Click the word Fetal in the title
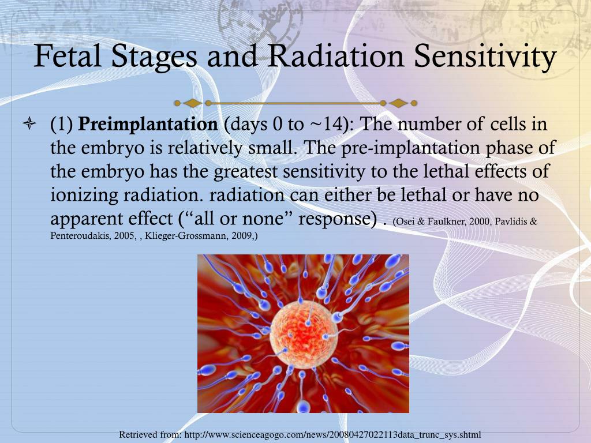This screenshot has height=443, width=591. pyautogui.click(x=68, y=56)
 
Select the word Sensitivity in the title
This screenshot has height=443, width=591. pyautogui.click(x=485, y=57)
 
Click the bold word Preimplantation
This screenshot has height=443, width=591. pyautogui.click(x=148, y=125)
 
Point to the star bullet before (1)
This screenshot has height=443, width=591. pyautogui.click(x=29, y=123)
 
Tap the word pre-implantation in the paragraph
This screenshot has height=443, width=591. pyautogui.click(x=410, y=148)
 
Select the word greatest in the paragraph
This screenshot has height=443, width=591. pyautogui.click(x=246, y=172)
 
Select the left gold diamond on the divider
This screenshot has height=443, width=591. pyautogui.click(x=193, y=103)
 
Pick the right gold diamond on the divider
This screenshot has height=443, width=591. pyautogui.click(x=398, y=103)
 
